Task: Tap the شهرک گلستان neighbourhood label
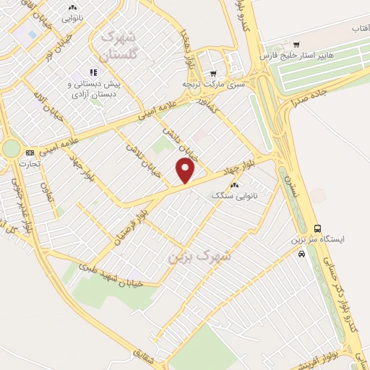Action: [119, 44]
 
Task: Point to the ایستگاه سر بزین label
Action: [319, 238]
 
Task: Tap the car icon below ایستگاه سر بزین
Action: [301, 253]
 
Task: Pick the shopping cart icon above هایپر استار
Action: [296, 46]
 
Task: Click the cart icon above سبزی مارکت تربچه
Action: [213, 74]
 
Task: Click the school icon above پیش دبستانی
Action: [92, 72]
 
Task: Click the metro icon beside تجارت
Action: [30, 152]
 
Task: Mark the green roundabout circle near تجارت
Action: [11, 148]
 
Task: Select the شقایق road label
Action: [145, 349]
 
